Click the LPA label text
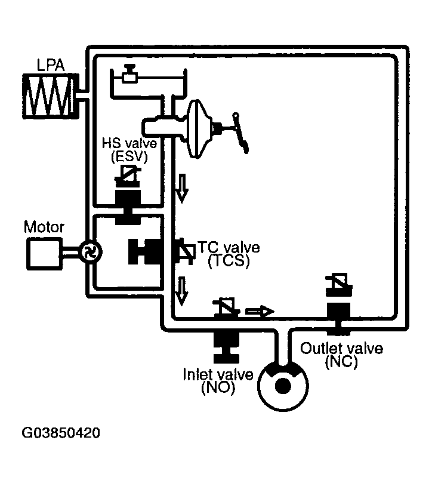[51, 64]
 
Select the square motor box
[43, 253]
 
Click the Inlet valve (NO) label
[218, 380]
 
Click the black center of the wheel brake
[283, 386]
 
